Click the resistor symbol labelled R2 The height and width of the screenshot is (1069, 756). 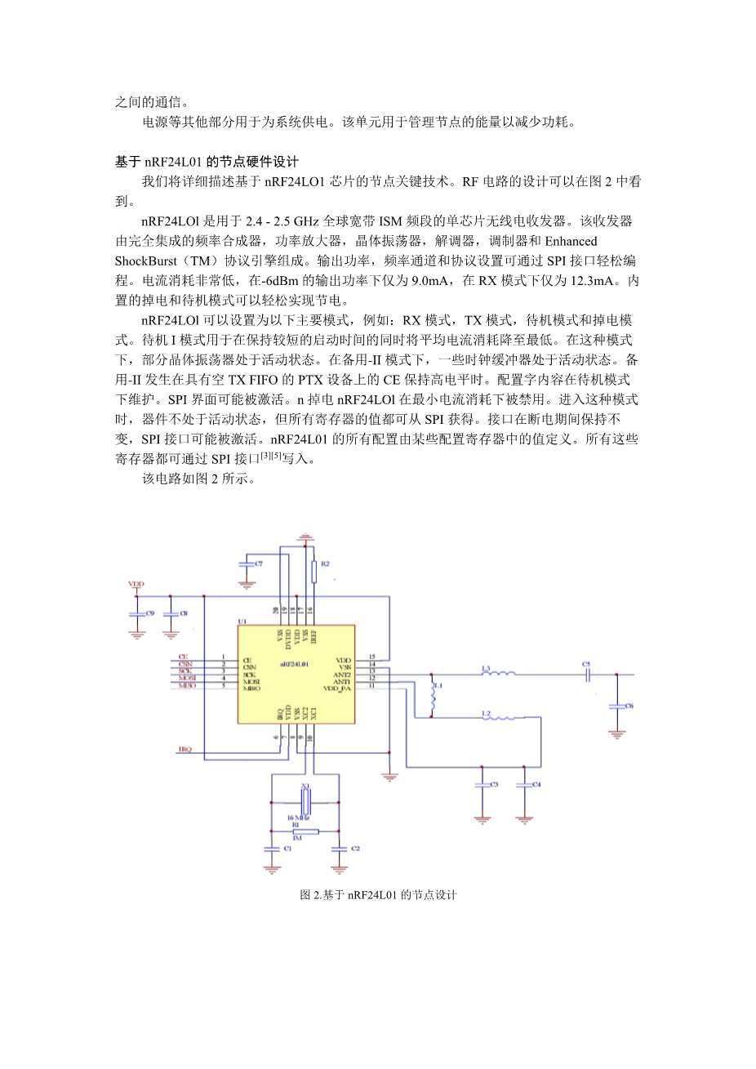point(314,571)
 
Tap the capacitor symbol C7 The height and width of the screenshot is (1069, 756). point(246,564)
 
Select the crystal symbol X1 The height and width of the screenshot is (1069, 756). point(305,795)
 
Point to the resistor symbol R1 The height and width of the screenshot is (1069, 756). point(305,831)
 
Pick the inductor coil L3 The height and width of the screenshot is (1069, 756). point(498,675)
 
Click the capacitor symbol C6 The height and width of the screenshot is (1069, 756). point(616,706)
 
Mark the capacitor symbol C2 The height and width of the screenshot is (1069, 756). point(339,849)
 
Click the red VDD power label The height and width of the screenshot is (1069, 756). point(136,584)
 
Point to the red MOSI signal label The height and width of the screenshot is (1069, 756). point(188,679)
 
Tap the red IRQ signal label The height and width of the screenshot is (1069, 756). point(185,750)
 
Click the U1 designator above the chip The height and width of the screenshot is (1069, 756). point(242,621)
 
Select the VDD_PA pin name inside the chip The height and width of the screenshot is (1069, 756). point(337,688)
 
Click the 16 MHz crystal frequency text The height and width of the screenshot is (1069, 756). point(298,817)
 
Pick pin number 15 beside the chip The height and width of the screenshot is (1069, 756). point(371,657)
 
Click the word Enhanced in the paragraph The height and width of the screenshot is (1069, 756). point(571,241)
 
